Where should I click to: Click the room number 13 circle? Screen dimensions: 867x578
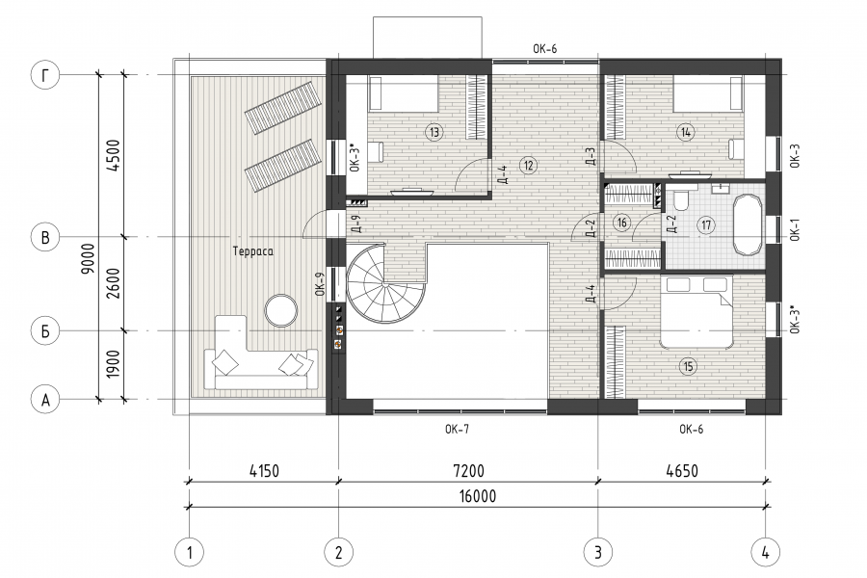[434, 132]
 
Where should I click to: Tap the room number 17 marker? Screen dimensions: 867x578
[706, 225]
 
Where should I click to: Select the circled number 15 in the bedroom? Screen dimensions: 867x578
[689, 366]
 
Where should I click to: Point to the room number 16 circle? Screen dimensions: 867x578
[622, 223]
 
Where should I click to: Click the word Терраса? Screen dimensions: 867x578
[253, 251]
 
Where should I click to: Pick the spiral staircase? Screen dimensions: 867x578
[385, 282]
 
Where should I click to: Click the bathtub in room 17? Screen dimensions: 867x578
[748, 224]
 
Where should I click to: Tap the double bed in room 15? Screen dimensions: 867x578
[696, 312]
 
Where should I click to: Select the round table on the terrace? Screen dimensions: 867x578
[281, 310]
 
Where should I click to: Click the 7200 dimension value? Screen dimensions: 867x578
[468, 471]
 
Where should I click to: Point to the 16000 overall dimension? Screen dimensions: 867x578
[477, 497]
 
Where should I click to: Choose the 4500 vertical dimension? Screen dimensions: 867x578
[113, 155]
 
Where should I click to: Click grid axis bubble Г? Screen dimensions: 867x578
[44, 75]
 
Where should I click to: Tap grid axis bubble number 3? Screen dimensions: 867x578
[597, 552]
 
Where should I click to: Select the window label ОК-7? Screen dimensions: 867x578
[458, 430]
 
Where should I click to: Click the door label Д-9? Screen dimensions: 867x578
[356, 223]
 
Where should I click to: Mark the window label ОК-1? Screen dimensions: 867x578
[795, 229]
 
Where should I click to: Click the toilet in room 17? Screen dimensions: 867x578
[680, 199]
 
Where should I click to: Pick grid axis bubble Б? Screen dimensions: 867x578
[44, 330]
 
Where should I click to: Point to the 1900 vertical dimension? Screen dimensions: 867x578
[113, 364]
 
